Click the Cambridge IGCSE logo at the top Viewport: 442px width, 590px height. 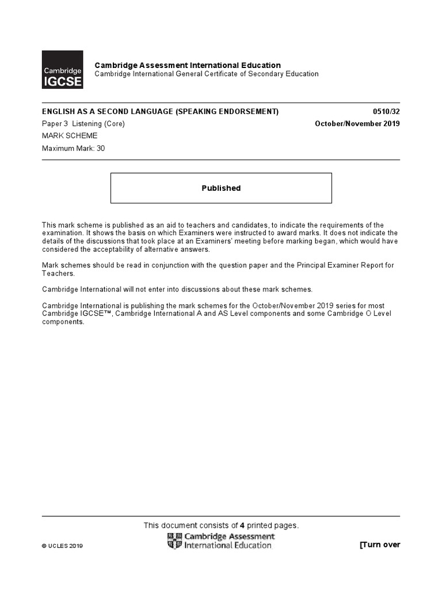[62, 70]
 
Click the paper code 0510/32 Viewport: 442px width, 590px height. [387, 112]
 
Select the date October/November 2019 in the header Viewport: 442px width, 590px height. [357, 124]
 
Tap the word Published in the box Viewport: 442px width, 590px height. [221, 188]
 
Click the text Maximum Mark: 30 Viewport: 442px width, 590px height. [74, 148]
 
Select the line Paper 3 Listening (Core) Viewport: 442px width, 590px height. [83, 124]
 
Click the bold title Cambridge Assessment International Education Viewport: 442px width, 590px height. [188, 66]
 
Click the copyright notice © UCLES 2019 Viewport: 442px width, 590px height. [63, 546]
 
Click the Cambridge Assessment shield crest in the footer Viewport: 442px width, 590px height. [173, 540]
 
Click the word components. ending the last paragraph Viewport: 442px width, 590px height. [63, 322]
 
